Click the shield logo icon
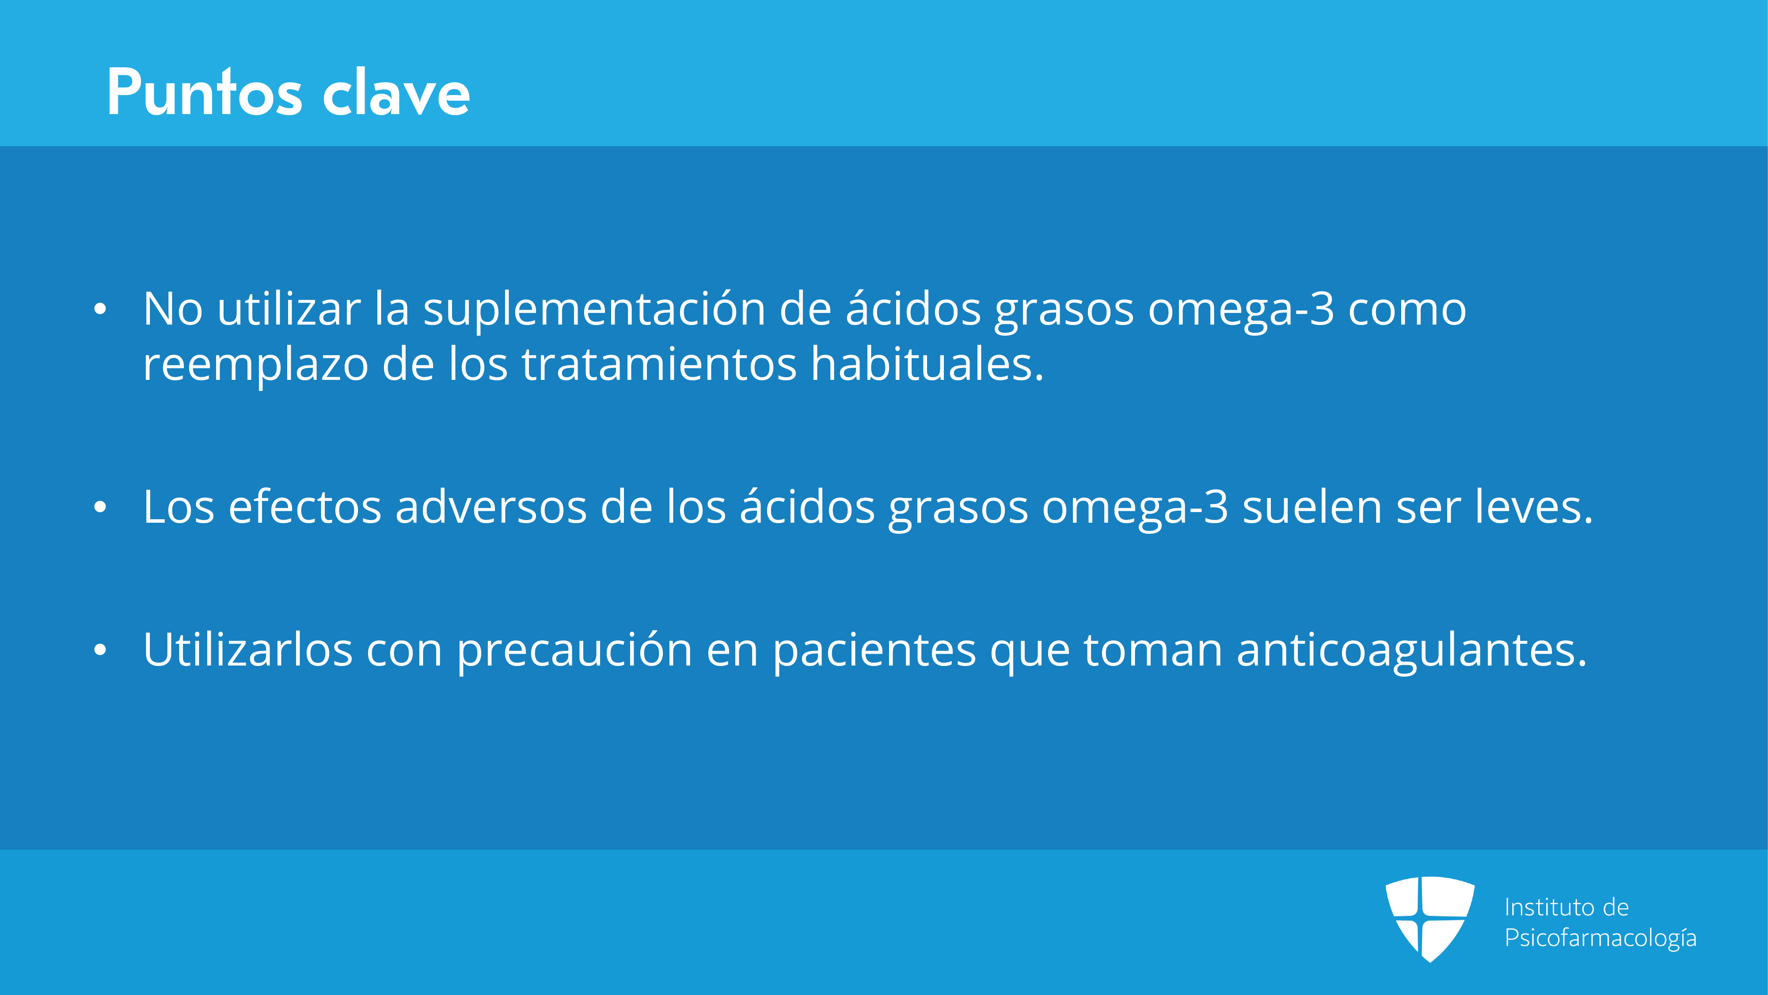point(1430,919)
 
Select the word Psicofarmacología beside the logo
point(1600,938)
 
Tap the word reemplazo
point(255,365)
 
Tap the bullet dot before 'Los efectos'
point(100,508)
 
